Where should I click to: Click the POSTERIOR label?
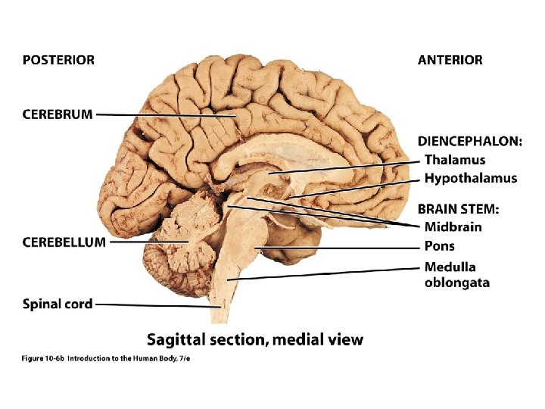[58, 60]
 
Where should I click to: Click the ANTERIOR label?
[450, 60]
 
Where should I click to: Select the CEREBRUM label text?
[58, 114]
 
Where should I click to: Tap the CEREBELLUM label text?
[64, 242]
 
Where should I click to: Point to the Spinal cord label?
[58, 304]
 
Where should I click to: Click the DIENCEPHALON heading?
[470, 142]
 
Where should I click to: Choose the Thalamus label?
[455, 160]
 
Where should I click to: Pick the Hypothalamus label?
[471, 179]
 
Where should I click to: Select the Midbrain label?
[453, 226]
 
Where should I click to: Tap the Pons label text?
[440, 246]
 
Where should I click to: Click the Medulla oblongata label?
[456, 274]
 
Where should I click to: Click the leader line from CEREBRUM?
[167, 115]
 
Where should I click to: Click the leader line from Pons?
[341, 248]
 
